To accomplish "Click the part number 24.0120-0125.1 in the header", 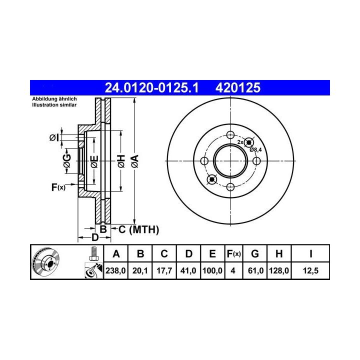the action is click(x=151, y=87).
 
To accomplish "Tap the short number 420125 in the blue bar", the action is click(x=238, y=87).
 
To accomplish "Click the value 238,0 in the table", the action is click(x=115, y=270).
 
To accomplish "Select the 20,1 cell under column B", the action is click(x=140, y=270).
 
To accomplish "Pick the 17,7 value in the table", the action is click(x=164, y=270).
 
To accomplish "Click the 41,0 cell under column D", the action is click(x=188, y=270).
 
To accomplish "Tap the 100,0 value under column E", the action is click(x=212, y=270).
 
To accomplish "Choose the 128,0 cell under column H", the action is click(x=279, y=270).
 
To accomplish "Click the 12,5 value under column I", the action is click(x=310, y=270).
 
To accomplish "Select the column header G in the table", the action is click(x=255, y=254).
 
